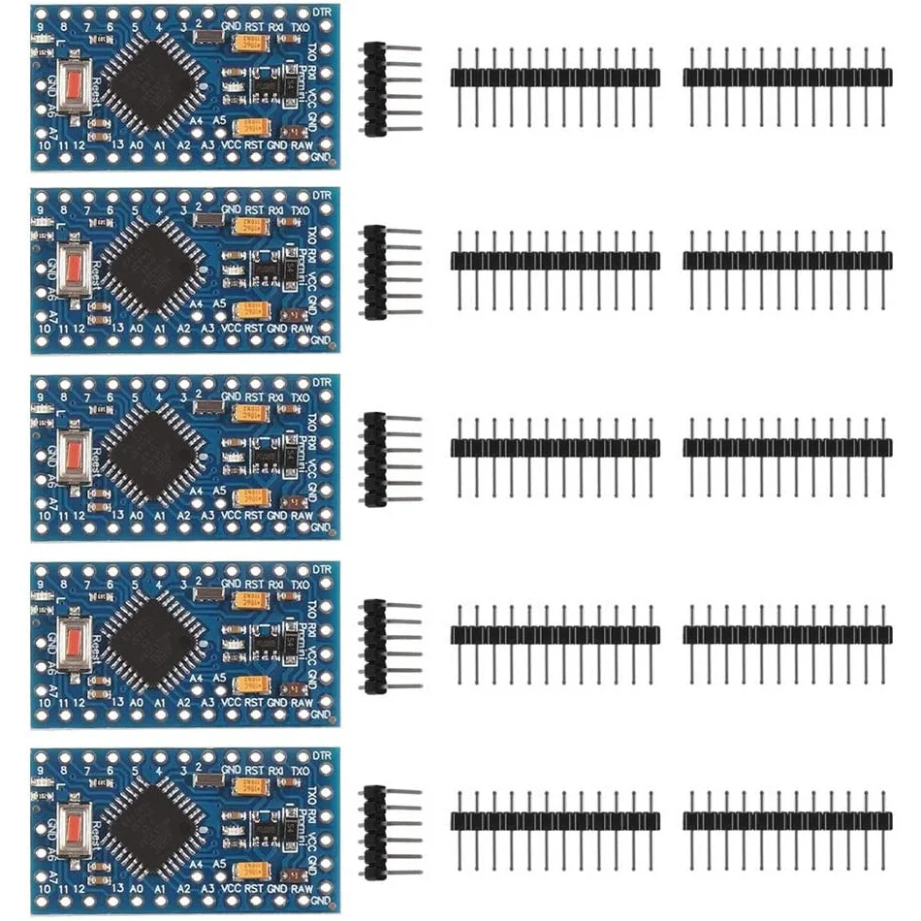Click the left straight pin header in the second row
tap(555, 260)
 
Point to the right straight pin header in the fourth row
tap(787, 634)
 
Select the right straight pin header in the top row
tap(787, 78)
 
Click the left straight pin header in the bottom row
tap(555, 820)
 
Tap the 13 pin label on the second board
tap(117, 330)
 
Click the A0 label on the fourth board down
tap(137, 702)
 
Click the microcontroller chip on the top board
tap(153, 82)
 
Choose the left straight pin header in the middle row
tap(555, 446)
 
